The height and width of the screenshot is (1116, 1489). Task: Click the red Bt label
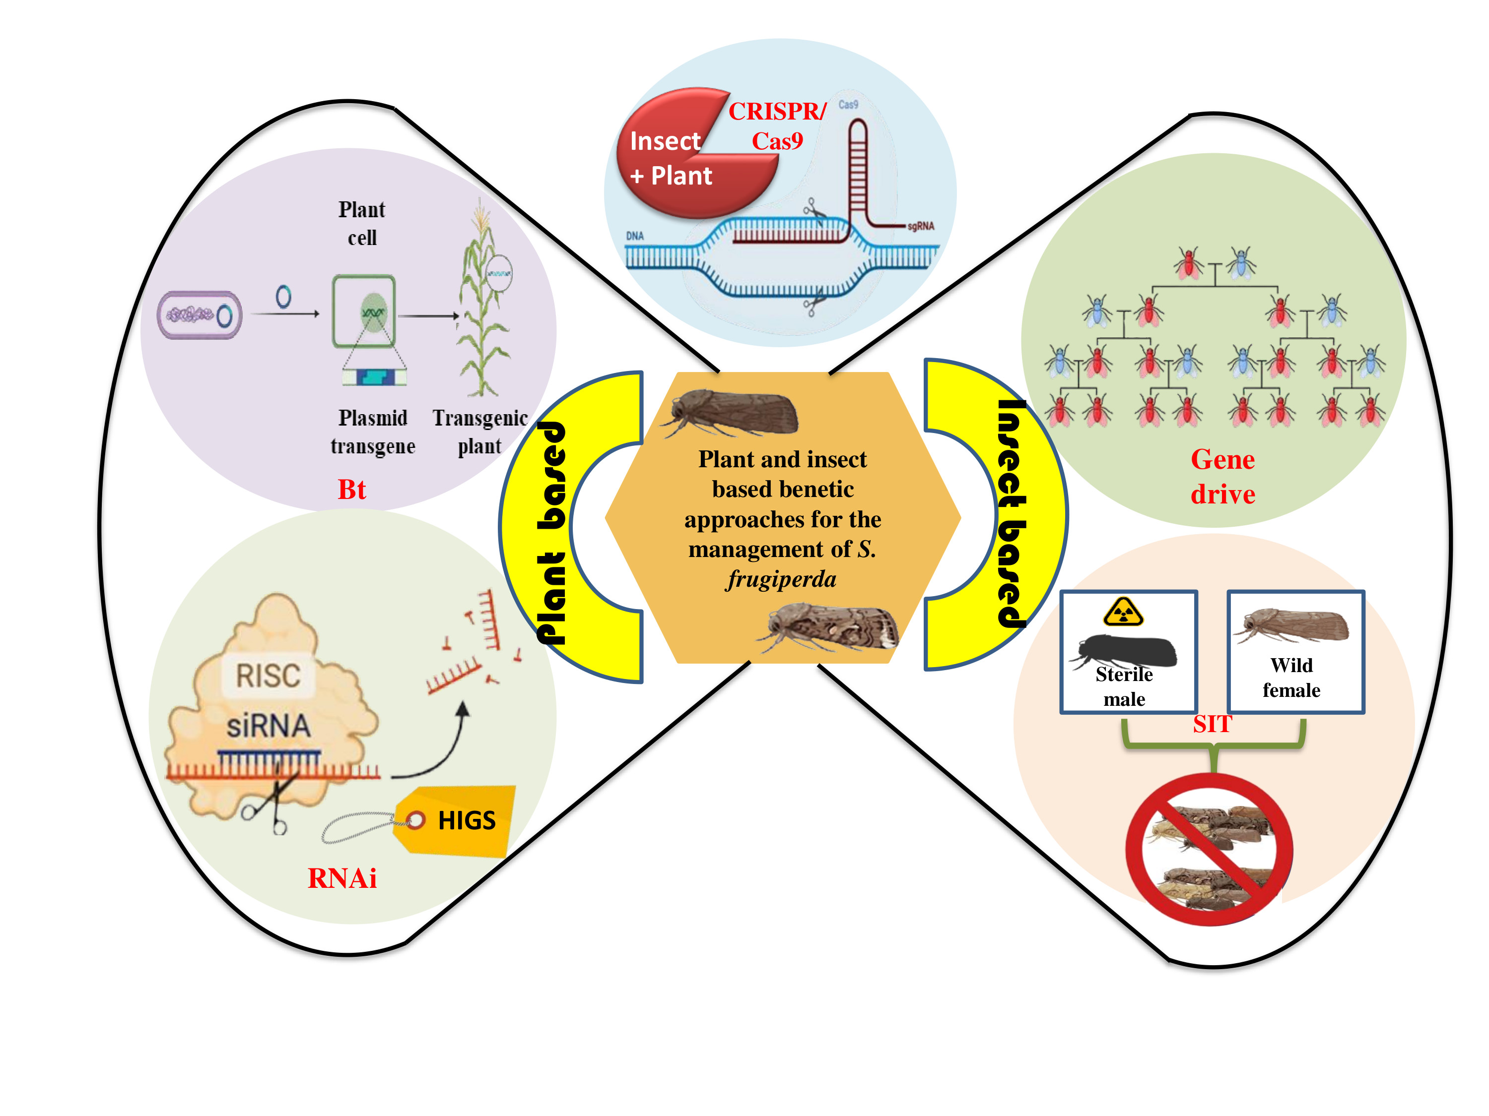coord(351,489)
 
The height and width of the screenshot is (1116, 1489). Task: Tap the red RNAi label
coord(342,878)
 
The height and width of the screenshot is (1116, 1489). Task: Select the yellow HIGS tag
coord(458,821)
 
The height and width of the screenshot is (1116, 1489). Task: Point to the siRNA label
coord(269,726)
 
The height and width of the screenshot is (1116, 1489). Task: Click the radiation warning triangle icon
coord(1123,612)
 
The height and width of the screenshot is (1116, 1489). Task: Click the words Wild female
coord(1291,678)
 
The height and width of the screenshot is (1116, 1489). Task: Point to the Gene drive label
coord(1222,476)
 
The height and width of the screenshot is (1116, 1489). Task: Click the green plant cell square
coord(363,311)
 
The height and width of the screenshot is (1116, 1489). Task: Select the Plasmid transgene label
coord(373,432)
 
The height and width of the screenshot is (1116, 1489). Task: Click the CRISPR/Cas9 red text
coord(777,126)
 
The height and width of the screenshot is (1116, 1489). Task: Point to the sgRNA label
coord(920,226)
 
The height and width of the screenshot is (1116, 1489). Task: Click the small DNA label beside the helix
coord(635,236)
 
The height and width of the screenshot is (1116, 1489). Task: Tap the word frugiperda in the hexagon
coord(781,579)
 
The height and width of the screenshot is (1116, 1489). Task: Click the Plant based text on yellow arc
coord(551,531)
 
